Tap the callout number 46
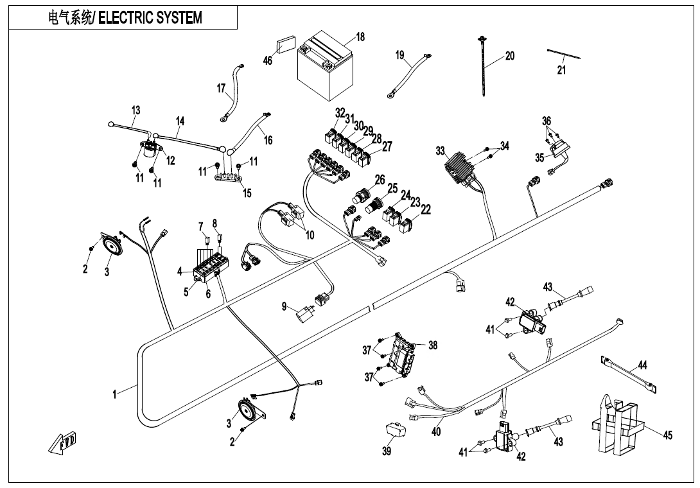[268, 60]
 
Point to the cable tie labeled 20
[482, 67]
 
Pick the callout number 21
[561, 70]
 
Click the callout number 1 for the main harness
[115, 394]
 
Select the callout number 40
[437, 432]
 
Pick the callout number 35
[540, 157]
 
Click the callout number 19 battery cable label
[399, 56]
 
